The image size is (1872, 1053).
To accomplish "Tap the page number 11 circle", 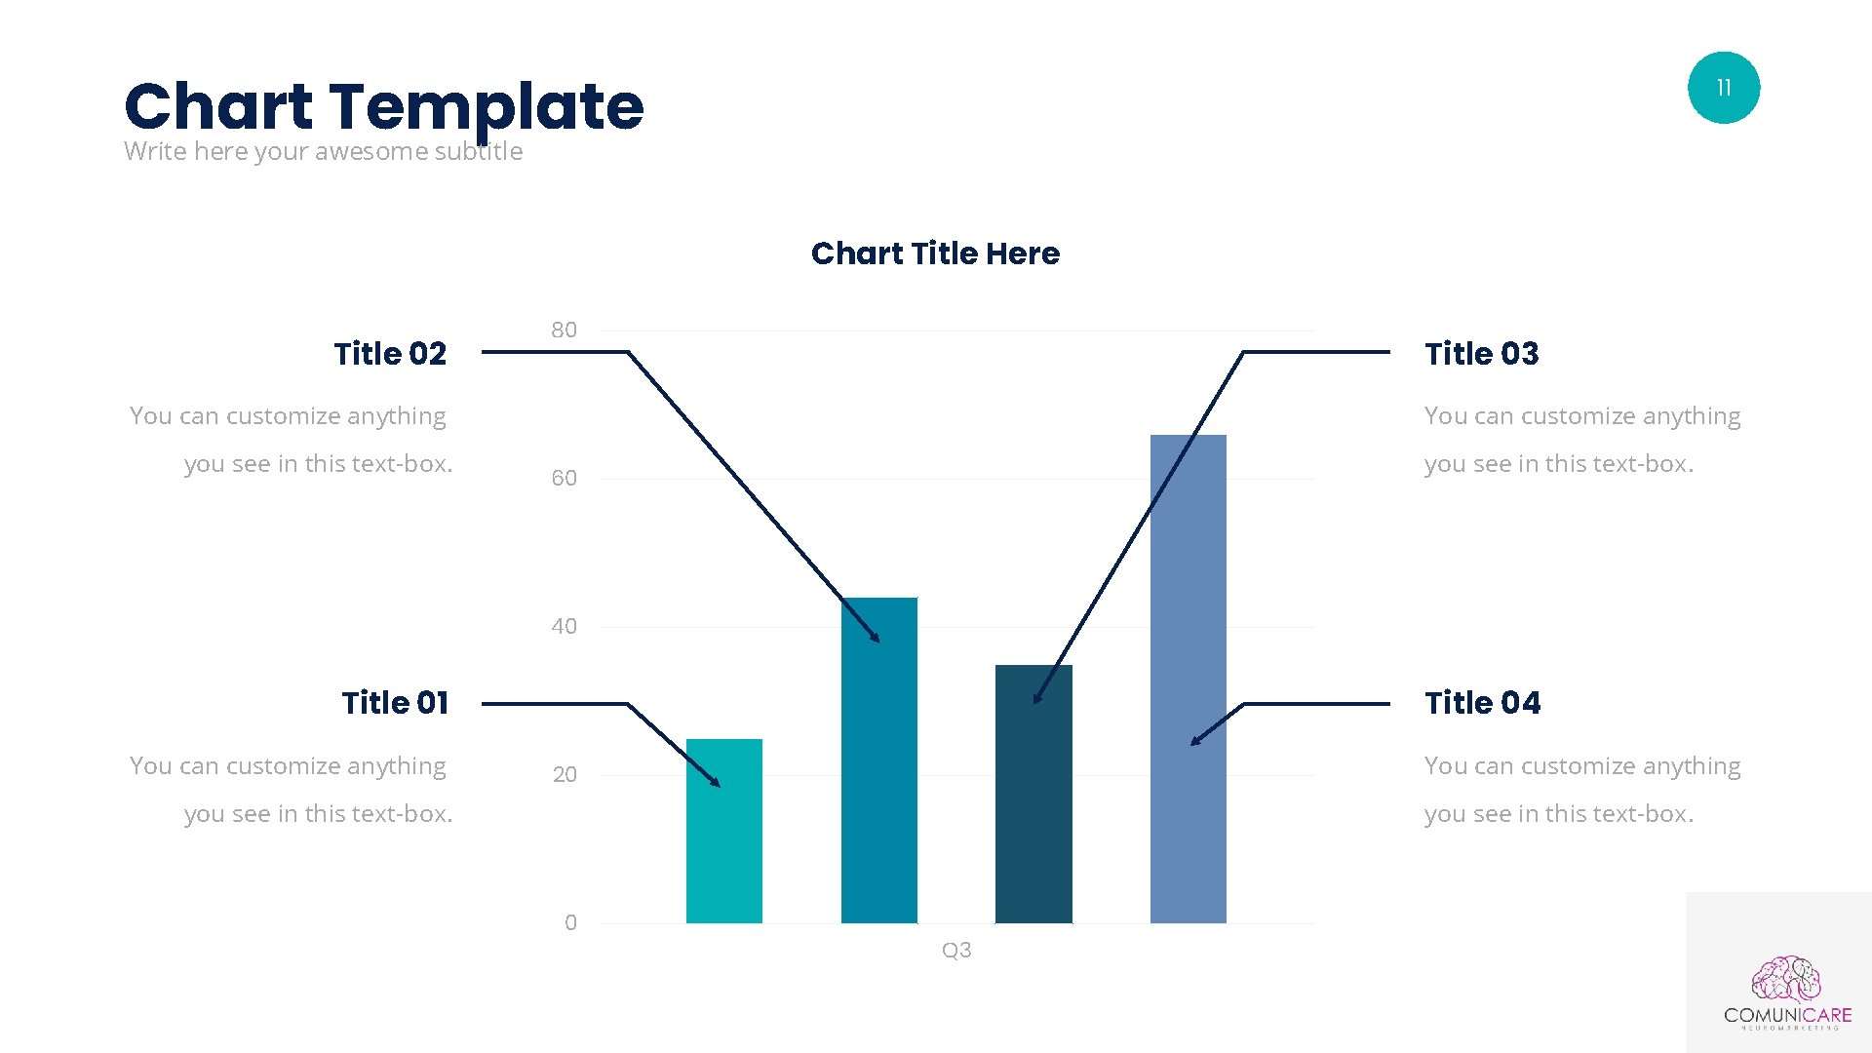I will click(1723, 88).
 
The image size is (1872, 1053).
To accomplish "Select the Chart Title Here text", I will click(935, 253).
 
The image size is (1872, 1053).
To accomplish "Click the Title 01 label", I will click(395, 703).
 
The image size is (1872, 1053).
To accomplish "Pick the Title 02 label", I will click(390, 353).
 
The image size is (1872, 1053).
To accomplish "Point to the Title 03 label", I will click(1481, 353).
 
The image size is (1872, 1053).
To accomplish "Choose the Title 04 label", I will click(1482, 703).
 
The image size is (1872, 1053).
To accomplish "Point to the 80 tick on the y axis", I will click(564, 331).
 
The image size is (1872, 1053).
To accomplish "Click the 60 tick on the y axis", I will click(564, 479).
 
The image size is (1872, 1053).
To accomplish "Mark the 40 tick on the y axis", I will click(564, 627).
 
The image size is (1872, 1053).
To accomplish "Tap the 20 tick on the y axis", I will click(565, 775).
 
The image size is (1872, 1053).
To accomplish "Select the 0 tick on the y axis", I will click(570, 923).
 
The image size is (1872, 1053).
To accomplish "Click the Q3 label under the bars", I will click(955, 951).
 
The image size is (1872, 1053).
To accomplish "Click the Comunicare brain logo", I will click(1786, 980).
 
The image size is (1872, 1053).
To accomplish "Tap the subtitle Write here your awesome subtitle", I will click(323, 152).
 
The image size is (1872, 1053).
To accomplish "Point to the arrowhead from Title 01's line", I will click(717, 783).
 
